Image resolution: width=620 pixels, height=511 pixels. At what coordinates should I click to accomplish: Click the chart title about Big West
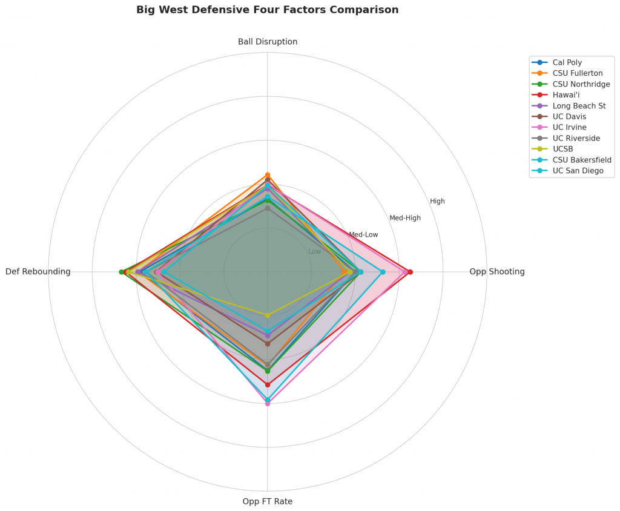point(267,10)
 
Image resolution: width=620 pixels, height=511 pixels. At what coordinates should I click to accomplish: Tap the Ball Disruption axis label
point(268,42)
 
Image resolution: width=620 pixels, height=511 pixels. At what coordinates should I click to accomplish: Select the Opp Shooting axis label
point(496,272)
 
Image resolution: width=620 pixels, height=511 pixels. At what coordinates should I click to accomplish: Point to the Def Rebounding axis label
point(38,272)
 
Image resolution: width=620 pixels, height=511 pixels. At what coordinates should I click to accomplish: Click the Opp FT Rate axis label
point(268,501)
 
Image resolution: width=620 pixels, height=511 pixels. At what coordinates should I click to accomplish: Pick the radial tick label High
point(437,201)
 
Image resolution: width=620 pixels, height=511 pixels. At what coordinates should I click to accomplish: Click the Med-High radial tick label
point(405,218)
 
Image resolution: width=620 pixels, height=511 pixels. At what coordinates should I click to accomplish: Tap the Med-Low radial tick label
point(363,234)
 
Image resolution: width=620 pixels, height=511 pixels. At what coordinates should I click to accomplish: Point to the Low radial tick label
point(315,251)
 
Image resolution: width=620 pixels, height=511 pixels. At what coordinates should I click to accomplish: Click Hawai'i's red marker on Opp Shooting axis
point(410,272)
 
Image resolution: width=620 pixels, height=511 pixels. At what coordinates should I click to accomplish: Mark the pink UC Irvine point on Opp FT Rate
point(268,403)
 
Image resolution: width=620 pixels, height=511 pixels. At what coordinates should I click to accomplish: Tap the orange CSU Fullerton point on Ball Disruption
point(268,175)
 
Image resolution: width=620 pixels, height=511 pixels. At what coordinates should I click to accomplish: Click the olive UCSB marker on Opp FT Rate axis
point(268,315)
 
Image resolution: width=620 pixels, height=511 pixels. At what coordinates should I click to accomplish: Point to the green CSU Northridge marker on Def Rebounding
point(121,272)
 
